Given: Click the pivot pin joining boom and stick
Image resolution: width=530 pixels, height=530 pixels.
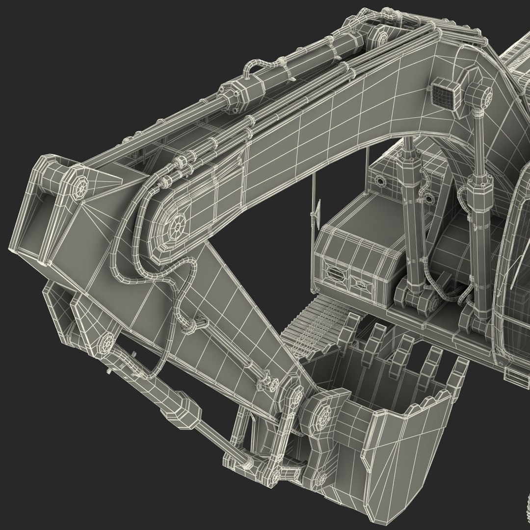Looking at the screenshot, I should (176, 227).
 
